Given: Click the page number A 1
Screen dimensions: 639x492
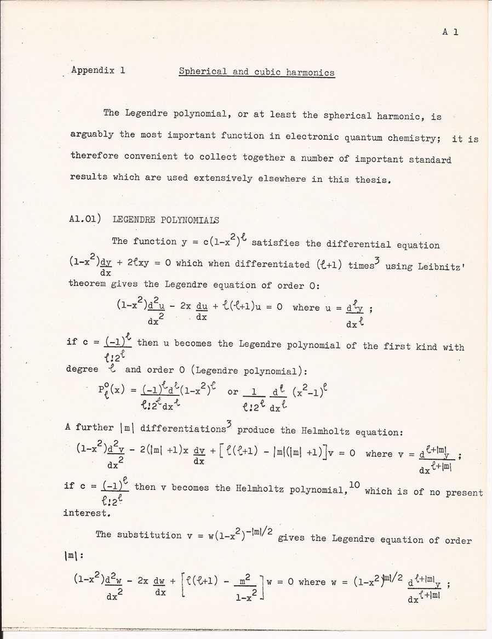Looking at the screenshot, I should pyautogui.click(x=450, y=32).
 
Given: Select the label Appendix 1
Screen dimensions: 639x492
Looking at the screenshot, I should pyautogui.click(x=99, y=70).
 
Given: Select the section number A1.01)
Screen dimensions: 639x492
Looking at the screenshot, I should pyautogui.click(x=87, y=219).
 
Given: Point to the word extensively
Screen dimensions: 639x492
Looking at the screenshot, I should pyautogui.click(x=216, y=178).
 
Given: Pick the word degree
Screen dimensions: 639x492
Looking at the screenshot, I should pyautogui.click(x=82, y=369).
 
